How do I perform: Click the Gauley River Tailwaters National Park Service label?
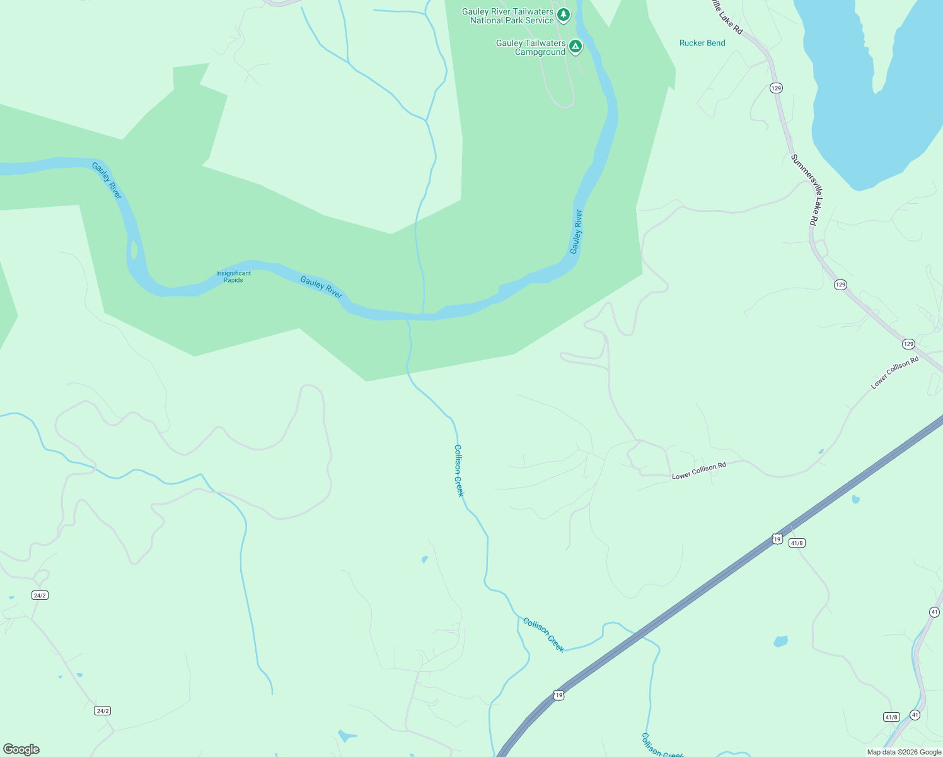click(507, 16)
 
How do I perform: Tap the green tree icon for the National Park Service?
click(564, 14)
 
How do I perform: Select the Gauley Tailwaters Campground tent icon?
click(575, 46)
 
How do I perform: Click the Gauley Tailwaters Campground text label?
click(531, 47)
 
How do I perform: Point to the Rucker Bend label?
click(702, 43)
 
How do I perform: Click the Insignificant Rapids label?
click(233, 276)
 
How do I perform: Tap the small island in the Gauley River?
click(133, 250)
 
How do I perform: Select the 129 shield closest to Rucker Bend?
click(776, 88)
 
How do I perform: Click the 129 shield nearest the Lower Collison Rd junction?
click(908, 344)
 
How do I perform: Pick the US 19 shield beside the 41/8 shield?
click(777, 539)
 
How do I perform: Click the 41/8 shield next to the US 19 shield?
click(797, 543)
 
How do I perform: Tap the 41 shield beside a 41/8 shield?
click(915, 715)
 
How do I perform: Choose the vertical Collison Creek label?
click(459, 471)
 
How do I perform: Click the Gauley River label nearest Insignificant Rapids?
click(321, 288)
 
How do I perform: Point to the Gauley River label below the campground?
click(576, 232)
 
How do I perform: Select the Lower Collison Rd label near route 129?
click(894, 373)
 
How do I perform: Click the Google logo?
click(21, 749)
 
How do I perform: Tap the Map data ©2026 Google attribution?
click(904, 752)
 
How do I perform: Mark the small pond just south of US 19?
click(780, 642)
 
